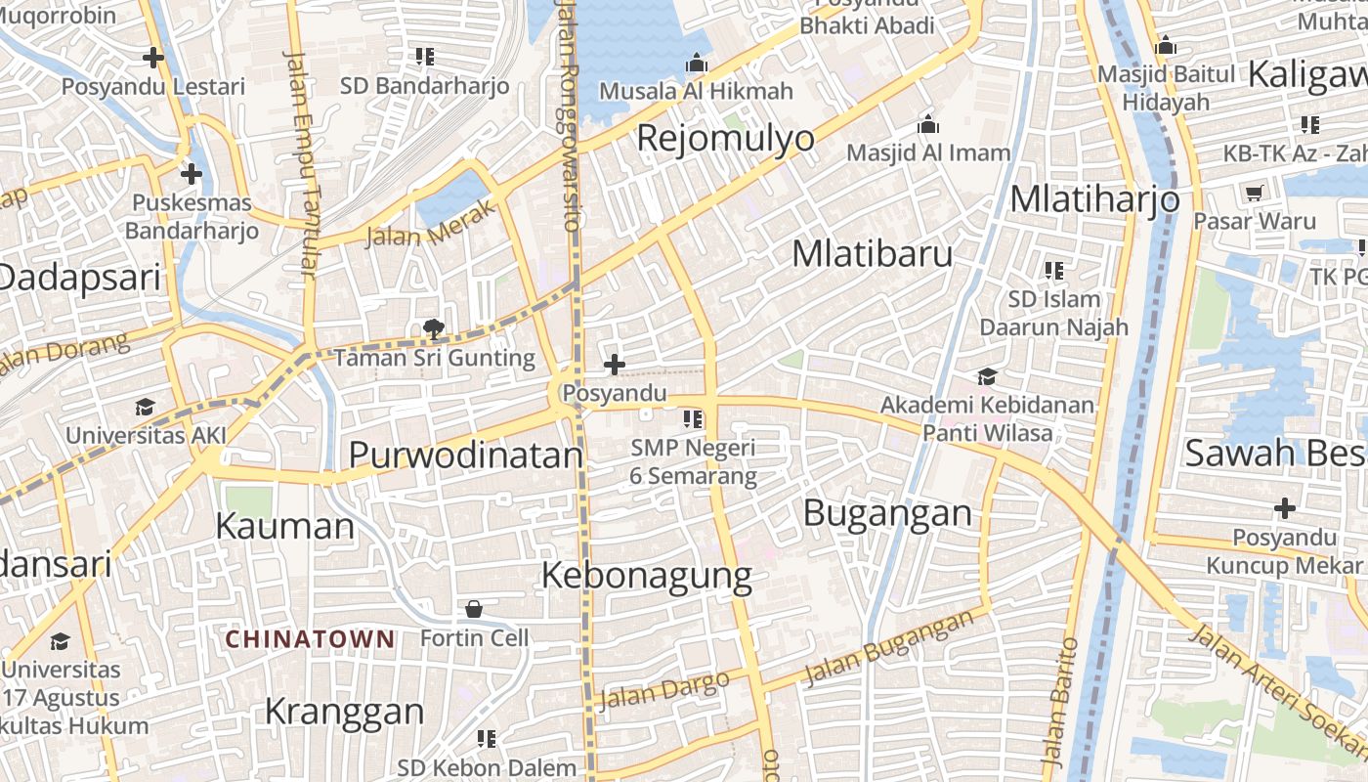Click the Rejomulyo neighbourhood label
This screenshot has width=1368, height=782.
[x=725, y=139]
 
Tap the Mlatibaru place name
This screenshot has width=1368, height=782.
[x=872, y=253]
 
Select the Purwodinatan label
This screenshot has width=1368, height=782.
[x=465, y=456]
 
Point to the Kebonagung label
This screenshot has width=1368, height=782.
[x=647, y=576]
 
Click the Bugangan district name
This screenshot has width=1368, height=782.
[x=887, y=513]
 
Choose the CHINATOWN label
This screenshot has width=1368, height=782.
[x=311, y=640]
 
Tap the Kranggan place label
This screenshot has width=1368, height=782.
[x=344, y=711]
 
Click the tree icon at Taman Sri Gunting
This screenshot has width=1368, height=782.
[x=433, y=330]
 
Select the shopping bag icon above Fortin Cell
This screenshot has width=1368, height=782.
[x=474, y=610]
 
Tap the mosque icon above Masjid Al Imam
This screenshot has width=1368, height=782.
[x=927, y=124]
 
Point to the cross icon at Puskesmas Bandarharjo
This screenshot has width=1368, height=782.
[x=192, y=175]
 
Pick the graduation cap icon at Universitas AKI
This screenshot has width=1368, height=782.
[x=145, y=407]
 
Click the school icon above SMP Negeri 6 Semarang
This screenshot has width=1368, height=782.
[x=694, y=420]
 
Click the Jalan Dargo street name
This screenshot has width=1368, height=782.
[x=663, y=690]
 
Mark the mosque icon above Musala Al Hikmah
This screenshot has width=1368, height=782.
[x=696, y=64]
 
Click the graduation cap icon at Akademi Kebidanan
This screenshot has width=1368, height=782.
[x=987, y=377]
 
